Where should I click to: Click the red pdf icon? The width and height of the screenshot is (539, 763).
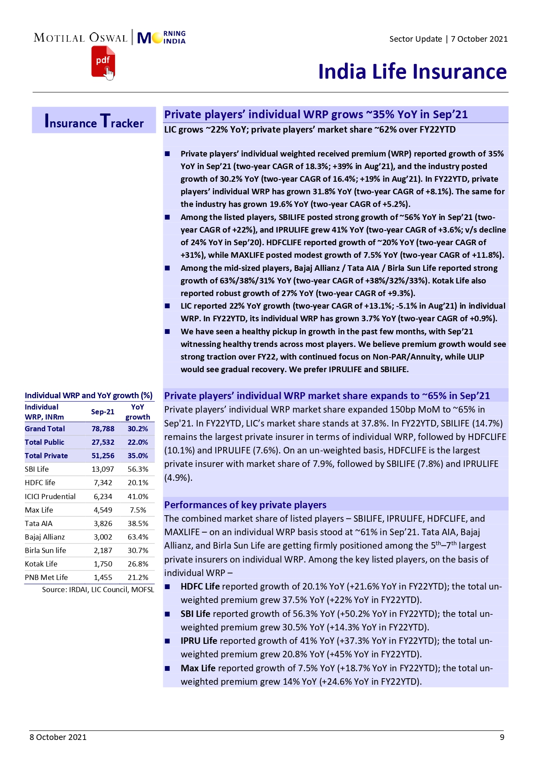[x=103, y=62]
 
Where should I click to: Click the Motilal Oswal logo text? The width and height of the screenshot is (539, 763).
[x=81, y=38]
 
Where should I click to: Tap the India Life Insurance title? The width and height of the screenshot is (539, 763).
[x=412, y=72]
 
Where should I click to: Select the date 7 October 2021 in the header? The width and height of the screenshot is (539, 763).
[x=479, y=39]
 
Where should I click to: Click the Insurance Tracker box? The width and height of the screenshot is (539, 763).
[x=94, y=120]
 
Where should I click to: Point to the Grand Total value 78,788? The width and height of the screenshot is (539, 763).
[x=103, y=429]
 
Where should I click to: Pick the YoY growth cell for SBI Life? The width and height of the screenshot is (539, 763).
[x=138, y=469]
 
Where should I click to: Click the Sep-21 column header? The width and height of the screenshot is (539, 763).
[x=103, y=412]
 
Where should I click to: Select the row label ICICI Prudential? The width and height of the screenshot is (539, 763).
[x=50, y=496]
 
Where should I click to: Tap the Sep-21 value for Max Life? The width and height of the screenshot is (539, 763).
[x=103, y=510]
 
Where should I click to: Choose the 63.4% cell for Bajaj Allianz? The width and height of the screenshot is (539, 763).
[x=138, y=537]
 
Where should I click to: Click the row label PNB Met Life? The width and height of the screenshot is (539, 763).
[x=46, y=577]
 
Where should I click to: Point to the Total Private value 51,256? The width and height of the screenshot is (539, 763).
[x=103, y=456]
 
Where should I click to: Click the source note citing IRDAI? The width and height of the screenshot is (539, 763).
[x=98, y=590]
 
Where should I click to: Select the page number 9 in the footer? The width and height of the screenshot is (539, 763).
[x=502, y=737]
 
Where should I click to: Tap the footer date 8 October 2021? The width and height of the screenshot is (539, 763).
[x=58, y=737]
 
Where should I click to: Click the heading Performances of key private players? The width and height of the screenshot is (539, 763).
[x=245, y=505]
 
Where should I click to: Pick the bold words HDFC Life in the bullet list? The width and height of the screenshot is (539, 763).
[x=200, y=586]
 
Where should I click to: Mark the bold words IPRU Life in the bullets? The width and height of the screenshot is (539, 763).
[x=199, y=641]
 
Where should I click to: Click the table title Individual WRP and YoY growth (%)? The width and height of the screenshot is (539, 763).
[x=89, y=396]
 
